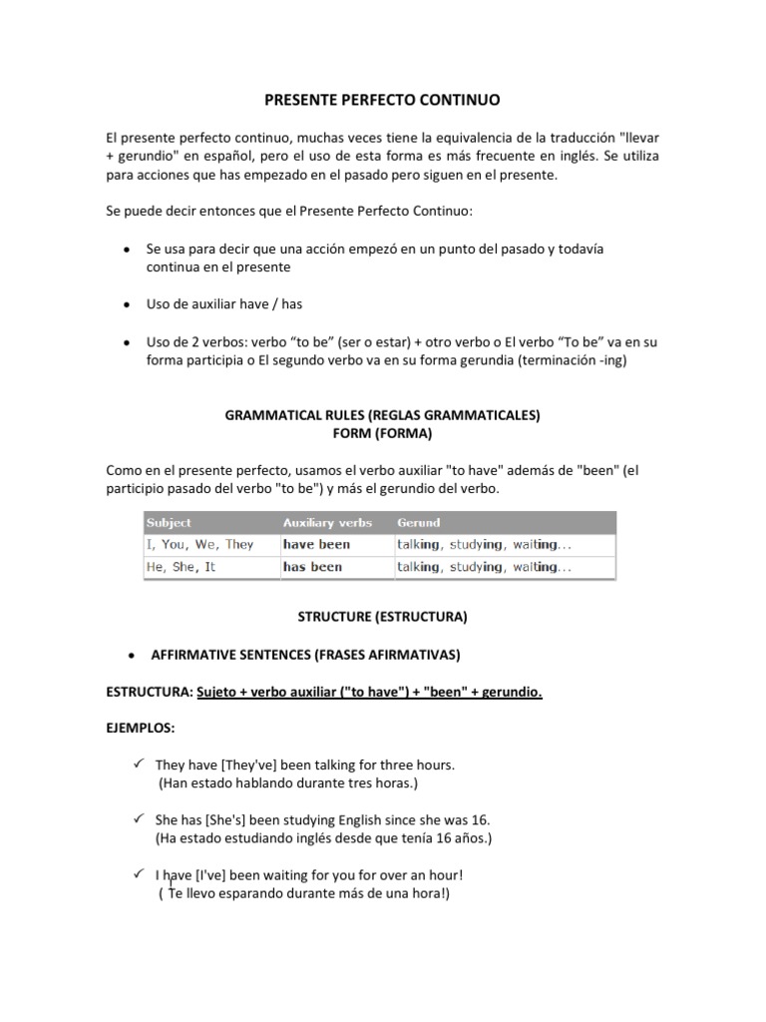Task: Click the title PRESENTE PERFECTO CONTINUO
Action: coord(382,101)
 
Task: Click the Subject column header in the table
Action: coord(169,522)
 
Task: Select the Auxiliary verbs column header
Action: coord(327,522)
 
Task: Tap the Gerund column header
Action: coord(418,522)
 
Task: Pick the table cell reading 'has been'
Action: coord(312,566)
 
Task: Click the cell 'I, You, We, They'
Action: coord(199,544)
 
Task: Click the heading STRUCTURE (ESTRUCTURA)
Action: coord(382,618)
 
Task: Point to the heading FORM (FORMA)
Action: coord(382,432)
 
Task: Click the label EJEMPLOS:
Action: coord(141,730)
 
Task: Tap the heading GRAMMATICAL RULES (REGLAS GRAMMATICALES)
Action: coord(382,414)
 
